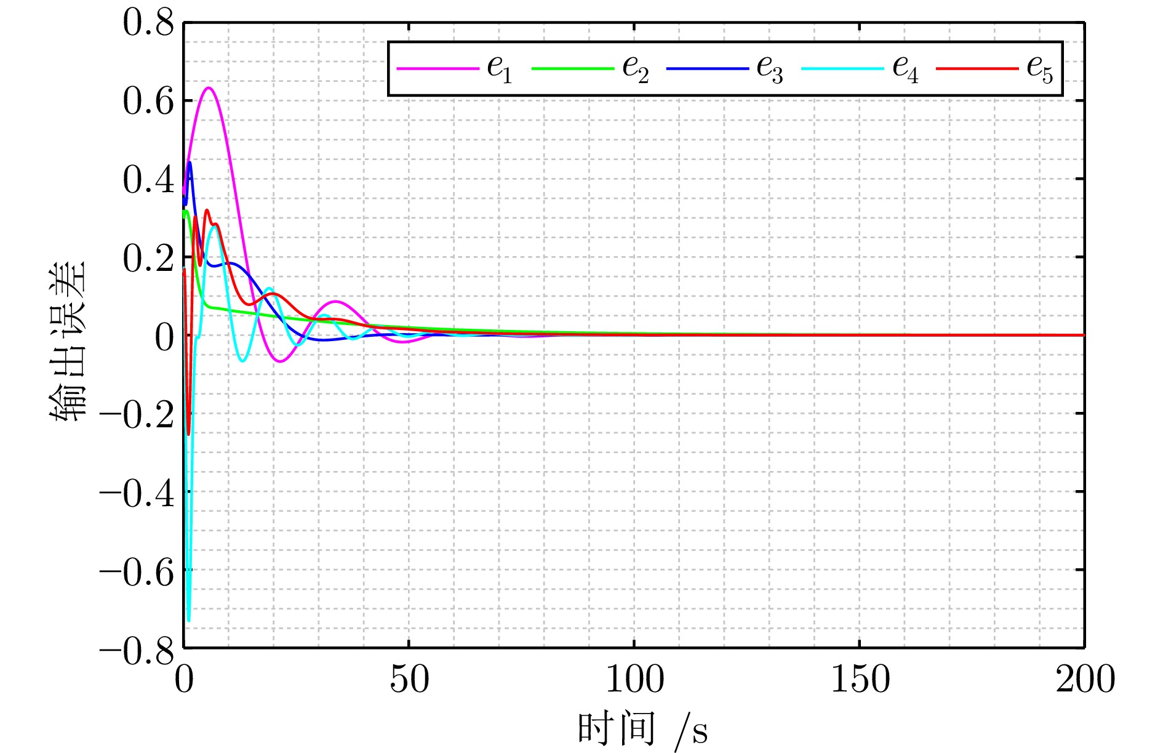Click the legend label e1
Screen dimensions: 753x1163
499,69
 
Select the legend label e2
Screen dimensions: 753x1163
635,69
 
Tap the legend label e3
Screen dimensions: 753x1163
769,69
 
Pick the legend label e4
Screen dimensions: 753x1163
905,69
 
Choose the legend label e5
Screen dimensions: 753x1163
1039,69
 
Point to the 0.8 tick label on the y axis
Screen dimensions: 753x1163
148,25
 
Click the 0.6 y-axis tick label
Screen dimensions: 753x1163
148,102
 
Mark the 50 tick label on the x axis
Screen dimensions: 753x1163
409,680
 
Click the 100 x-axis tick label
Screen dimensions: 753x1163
634,680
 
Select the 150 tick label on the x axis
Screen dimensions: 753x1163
860,680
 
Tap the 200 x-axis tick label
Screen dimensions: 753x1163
1085,680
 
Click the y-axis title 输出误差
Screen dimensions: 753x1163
67,342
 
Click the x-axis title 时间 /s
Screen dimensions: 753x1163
642,730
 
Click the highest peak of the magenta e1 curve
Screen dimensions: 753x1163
209,87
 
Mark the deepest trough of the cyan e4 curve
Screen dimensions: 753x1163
188,621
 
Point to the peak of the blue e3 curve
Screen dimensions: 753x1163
190,162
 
